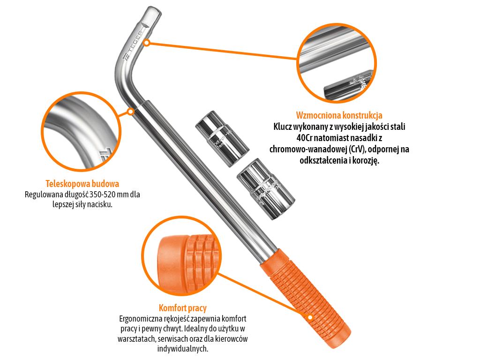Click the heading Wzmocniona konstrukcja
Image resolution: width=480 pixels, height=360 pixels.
(339, 115)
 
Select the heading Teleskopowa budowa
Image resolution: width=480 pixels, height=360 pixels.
(82, 184)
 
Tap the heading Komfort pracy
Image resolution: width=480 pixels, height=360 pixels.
(182, 308)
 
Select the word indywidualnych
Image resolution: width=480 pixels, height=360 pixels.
(182, 349)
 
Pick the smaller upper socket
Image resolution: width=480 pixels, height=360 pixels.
(222, 138)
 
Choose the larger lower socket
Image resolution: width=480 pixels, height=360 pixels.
(266, 188)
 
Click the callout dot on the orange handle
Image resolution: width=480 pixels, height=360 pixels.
(310, 317)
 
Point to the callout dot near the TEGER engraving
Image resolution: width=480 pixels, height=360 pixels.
(147, 43)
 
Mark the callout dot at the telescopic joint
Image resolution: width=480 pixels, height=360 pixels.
(130, 112)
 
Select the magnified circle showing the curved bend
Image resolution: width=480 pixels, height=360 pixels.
(81, 131)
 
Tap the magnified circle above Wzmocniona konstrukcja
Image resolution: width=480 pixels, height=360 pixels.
(337, 63)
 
